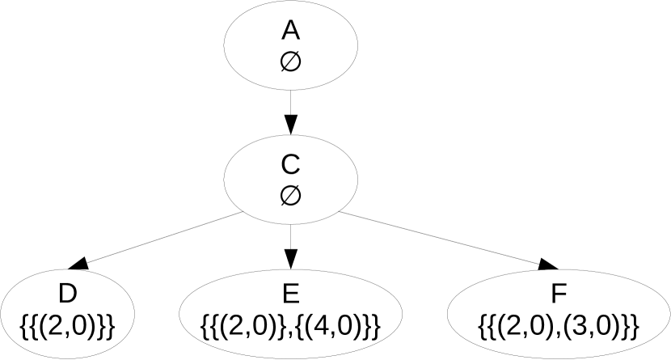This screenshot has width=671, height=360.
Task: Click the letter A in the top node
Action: click(291, 31)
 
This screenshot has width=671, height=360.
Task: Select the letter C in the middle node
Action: click(291, 165)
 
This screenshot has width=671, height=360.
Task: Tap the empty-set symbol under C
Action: click(291, 194)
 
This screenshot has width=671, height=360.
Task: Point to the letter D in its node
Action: click(67, 292)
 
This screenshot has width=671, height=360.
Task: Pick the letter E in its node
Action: click(291, 292)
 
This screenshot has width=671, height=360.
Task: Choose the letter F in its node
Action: click(559, 292)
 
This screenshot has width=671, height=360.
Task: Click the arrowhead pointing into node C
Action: click(291, 124)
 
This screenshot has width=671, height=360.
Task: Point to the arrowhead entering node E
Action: click(291, 259)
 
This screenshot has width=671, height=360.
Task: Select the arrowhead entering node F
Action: click(549, 264)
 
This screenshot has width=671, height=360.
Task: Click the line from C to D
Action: click(162, 239)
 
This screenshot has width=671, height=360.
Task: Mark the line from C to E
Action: click(291, 235)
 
